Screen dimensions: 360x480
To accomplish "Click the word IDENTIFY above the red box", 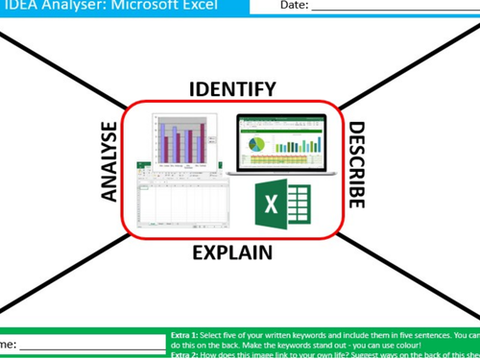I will [x=232, y=89].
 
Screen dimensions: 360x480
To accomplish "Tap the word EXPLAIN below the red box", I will [x=232, y=252].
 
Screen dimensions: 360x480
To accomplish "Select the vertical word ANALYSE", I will [x=109, y=161].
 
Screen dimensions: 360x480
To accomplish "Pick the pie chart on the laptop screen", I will [x=257, y=143].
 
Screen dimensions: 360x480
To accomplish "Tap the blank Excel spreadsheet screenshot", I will [x=178, y=201].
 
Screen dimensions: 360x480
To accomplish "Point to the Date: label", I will [x=294, y=6].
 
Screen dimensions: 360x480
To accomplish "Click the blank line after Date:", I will [x=394, y=9].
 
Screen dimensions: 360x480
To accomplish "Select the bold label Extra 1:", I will [x=187, y=335].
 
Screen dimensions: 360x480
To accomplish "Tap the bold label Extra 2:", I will [x=187, y=355].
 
